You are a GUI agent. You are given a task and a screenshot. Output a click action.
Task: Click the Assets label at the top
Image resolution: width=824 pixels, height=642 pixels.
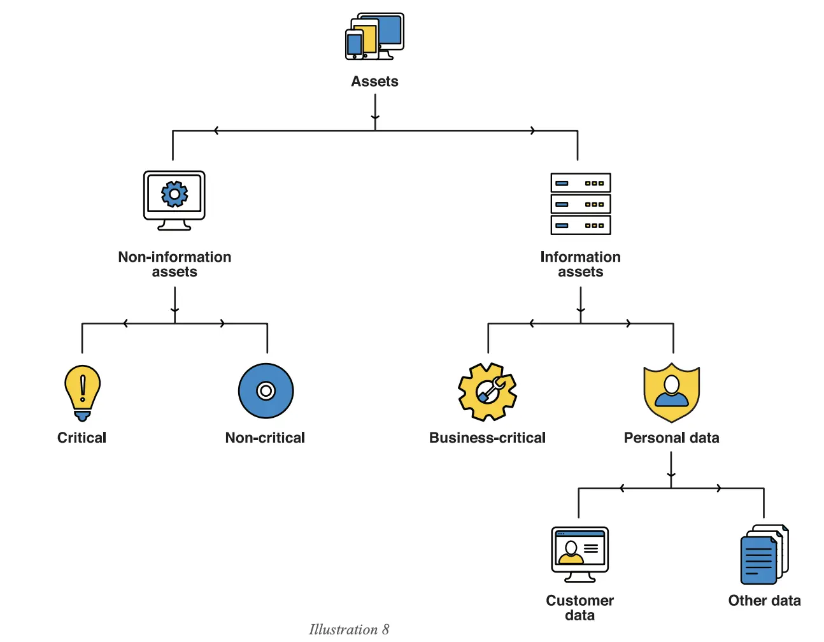point(374,82)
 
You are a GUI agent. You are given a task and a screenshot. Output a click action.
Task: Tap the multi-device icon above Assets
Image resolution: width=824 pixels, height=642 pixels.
point(374,37)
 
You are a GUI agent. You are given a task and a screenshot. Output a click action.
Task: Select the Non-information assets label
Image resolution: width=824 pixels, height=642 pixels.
point(174,264)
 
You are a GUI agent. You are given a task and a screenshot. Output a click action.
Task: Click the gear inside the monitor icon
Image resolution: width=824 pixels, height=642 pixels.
point(174,194)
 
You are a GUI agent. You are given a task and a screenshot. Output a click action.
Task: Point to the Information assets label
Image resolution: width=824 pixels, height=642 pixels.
point(580,264)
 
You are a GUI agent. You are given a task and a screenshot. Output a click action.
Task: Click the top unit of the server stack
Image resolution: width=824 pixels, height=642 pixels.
point(580,183)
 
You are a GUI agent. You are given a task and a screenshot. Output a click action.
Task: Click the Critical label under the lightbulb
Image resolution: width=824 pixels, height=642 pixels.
point(82,438)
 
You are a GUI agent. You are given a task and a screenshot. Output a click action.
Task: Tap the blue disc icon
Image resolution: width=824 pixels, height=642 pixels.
point(266,390)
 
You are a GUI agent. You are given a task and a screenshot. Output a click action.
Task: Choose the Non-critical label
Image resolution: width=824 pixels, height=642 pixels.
point(265,438)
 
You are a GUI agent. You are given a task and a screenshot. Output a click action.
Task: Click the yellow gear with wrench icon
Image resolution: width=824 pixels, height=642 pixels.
point(487,392)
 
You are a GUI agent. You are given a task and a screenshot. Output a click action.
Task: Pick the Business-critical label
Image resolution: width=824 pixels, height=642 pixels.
point(487,438)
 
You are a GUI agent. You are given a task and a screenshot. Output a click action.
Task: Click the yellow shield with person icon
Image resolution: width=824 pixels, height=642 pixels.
point(671,392)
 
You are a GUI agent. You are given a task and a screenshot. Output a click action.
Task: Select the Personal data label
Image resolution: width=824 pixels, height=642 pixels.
point(671,438)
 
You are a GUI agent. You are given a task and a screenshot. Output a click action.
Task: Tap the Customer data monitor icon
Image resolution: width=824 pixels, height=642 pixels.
point(579,553)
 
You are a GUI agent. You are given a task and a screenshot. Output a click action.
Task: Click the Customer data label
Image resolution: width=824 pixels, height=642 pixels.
point(579,608)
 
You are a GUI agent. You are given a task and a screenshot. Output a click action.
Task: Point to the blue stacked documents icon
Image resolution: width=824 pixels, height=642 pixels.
point(764,554)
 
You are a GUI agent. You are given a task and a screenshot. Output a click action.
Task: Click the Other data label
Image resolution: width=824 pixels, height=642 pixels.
point(764,601)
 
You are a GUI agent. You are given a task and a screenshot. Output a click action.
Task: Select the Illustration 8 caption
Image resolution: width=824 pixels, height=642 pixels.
point(349,629)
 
